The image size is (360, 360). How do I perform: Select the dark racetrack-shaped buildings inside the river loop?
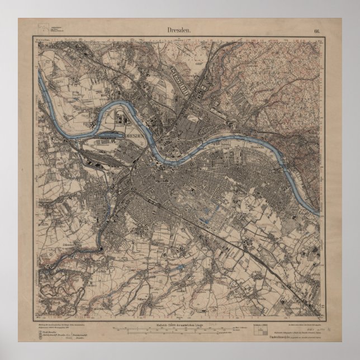[x=121, y=119]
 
